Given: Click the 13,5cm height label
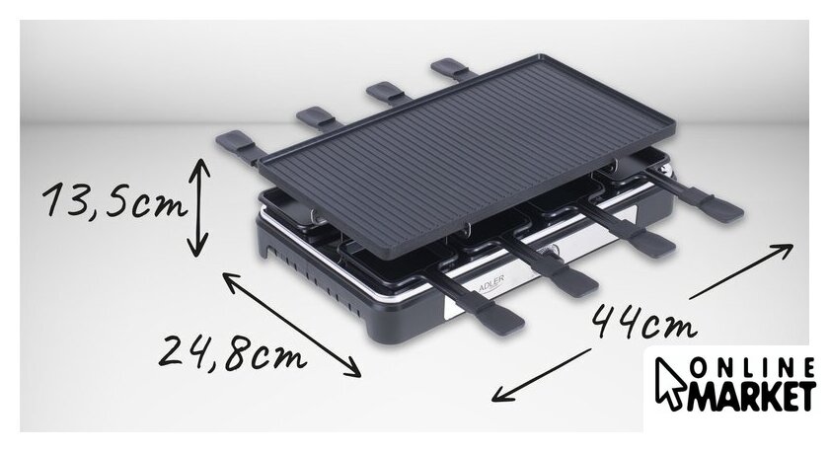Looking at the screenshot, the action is [x=115, y=200].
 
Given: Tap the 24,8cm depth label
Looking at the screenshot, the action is [x=233, y=352].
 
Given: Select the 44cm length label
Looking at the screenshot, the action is [x=642, y=321].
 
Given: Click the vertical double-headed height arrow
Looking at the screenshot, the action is [x=198, y=207].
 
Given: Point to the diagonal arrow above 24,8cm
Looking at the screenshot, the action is [x=291, y=324].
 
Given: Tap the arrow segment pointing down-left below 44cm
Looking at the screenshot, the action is [x=541, y=375].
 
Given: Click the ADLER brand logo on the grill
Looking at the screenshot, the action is [x=490, y=283].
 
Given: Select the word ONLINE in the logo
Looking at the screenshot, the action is [x=752, y=367].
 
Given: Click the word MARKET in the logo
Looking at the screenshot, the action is [x=749, y=395].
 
